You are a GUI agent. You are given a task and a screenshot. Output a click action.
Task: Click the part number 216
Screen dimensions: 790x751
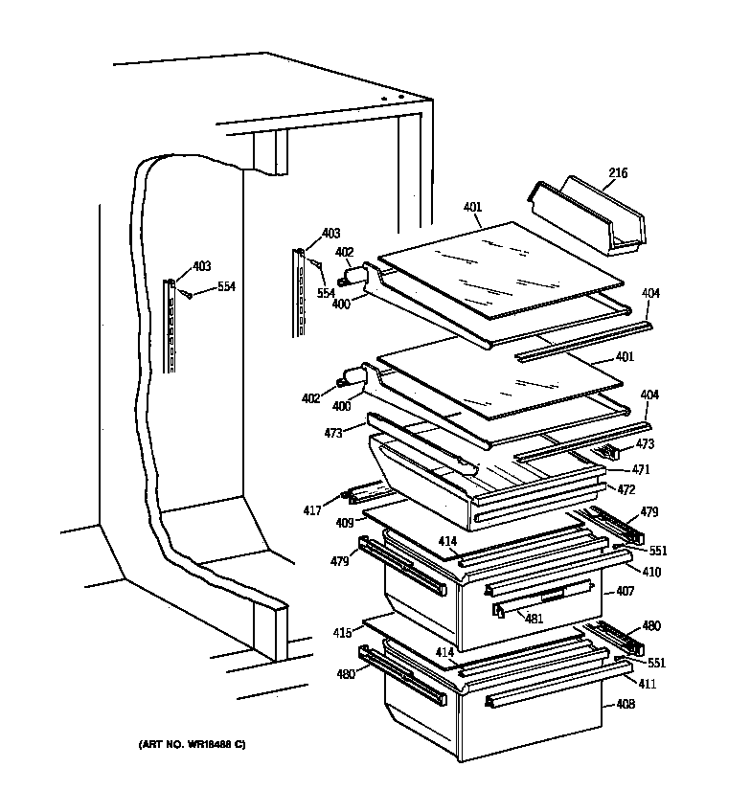618,173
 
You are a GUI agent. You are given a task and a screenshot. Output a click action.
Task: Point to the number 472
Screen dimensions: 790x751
626,489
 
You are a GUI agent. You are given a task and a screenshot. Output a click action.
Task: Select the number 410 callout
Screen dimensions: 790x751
626,572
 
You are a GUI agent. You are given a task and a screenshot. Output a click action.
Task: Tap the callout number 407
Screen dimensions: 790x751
626,591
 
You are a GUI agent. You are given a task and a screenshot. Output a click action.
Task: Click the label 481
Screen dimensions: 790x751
534,619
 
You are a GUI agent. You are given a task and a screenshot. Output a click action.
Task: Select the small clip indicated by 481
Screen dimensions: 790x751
499,610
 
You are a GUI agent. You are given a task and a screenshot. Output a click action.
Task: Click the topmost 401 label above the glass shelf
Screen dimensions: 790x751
471,207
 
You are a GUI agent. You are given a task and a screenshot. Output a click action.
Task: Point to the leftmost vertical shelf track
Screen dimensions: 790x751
171,326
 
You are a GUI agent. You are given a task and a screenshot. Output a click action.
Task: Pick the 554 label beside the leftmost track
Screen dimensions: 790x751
225,286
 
